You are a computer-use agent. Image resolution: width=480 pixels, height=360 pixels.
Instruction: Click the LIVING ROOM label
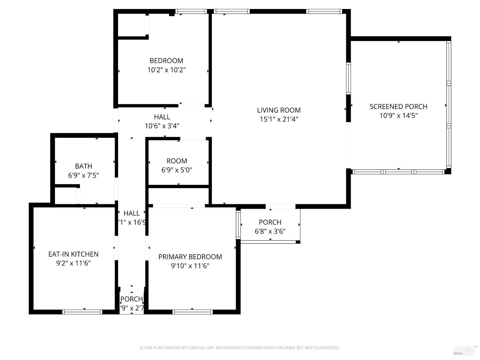(279, 110)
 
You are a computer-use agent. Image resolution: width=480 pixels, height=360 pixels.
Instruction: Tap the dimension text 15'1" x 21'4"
(279, 119)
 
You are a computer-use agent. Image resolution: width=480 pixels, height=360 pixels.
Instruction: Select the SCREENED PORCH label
(398, 107)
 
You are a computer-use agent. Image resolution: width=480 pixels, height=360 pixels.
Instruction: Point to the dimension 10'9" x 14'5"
(398, 116)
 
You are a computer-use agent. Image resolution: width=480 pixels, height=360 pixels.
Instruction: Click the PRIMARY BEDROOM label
(190, 257)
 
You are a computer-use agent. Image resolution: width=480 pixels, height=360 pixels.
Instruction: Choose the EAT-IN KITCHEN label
(73, 254)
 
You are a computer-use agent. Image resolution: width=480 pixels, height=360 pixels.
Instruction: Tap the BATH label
(84, 166)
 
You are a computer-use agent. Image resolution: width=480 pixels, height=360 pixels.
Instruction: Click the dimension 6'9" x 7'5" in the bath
(84, 175)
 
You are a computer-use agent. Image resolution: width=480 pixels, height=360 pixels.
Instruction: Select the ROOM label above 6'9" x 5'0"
(177, 161)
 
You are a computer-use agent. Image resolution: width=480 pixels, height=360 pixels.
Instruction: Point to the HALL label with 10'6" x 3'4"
(162, 117)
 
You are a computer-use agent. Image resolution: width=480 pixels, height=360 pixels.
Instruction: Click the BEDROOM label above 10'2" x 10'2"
(166, 61)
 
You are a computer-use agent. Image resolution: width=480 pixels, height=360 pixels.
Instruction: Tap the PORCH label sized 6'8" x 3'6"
(270, 222)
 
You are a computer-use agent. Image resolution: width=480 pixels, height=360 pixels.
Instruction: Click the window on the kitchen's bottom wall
(82, 312)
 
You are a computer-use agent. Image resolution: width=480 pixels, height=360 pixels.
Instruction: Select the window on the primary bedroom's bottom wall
(192, 312)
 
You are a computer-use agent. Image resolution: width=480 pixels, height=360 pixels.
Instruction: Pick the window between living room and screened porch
(348, 78)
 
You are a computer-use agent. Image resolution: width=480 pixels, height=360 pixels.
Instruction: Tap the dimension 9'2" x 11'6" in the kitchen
(73, 263)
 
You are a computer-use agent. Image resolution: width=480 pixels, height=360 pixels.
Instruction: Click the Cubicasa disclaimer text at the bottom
(240, 348)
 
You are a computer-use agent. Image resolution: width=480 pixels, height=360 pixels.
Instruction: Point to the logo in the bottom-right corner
(465, 350)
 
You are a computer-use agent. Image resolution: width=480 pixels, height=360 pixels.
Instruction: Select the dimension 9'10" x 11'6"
(190, 266)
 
